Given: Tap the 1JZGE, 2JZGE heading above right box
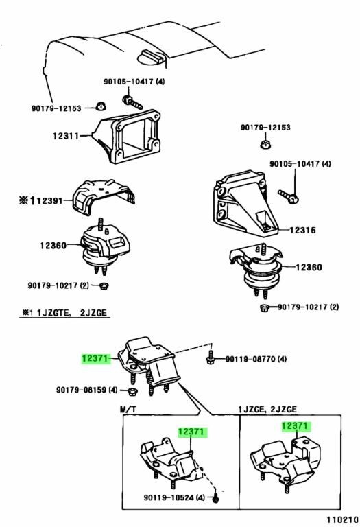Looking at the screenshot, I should tap(268, 409).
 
